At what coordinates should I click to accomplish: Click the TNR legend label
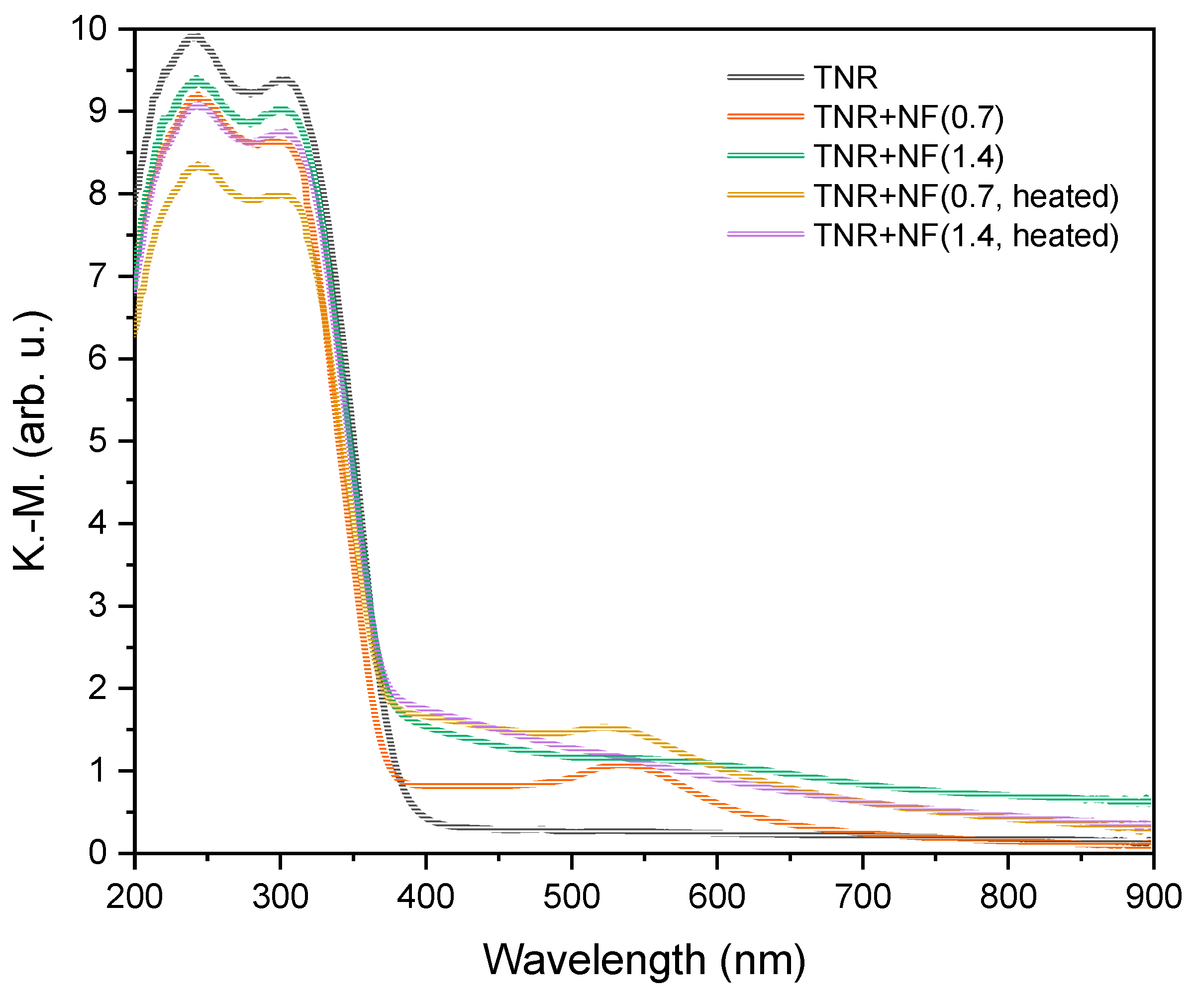845,78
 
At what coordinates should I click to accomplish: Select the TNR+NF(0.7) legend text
908,117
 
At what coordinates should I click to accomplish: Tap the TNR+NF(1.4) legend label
908,156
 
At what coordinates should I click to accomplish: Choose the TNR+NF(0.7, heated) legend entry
966,196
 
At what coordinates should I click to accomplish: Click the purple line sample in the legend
765,234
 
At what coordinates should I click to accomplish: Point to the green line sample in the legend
765,156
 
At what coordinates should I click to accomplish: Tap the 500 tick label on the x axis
571,897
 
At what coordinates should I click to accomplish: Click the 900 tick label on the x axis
1153,897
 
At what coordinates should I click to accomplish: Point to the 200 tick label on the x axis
134,897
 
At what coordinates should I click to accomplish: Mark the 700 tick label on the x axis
862,897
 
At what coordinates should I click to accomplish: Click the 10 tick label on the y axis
89,28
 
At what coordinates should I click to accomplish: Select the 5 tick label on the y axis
98,441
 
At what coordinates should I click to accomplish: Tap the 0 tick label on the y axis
98,853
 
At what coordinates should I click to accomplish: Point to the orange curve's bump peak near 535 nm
623,766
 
